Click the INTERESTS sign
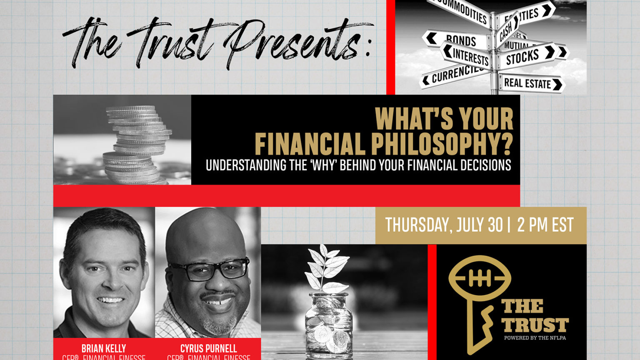pyautogui.click(x=469, y=56)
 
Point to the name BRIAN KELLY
pyautogui.click(x=104, y=348)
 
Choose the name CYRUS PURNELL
pyautogui.click(x=208, y=348)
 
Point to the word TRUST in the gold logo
pyautogui.click(x=535, y=325)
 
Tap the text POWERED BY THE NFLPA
pyautogui.click(x=535, y=338)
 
